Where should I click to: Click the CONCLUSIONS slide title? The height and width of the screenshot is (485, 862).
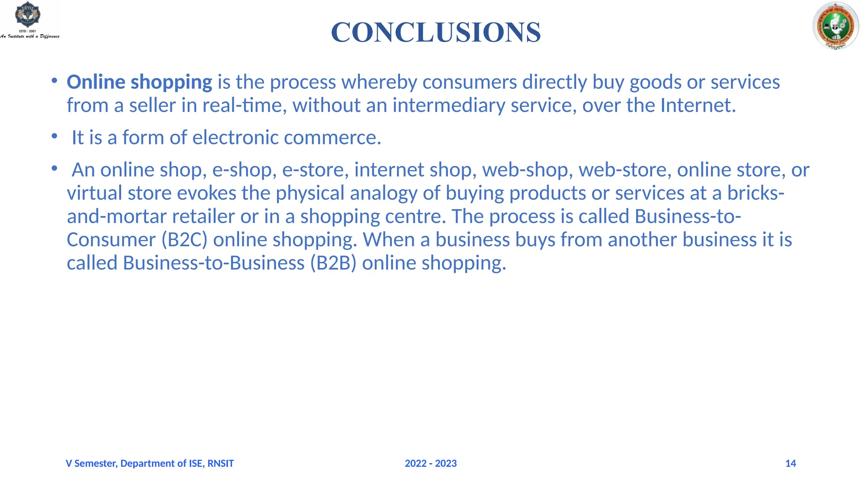point(436,32)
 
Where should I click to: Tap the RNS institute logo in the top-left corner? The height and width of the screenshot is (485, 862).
point(29,19)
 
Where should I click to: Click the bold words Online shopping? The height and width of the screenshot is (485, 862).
point(139,82)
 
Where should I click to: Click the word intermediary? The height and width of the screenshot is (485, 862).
point(449,105)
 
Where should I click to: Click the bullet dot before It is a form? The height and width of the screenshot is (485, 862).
point(54,136)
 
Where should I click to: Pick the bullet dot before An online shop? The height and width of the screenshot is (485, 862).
point(54,168)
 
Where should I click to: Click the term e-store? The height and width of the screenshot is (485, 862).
point(315,170)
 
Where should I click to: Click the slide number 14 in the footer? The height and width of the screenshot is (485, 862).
point(790,464)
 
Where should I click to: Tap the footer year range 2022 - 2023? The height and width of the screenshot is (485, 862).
point(431,464)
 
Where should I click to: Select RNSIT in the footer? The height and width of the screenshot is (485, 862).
point(221,464)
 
